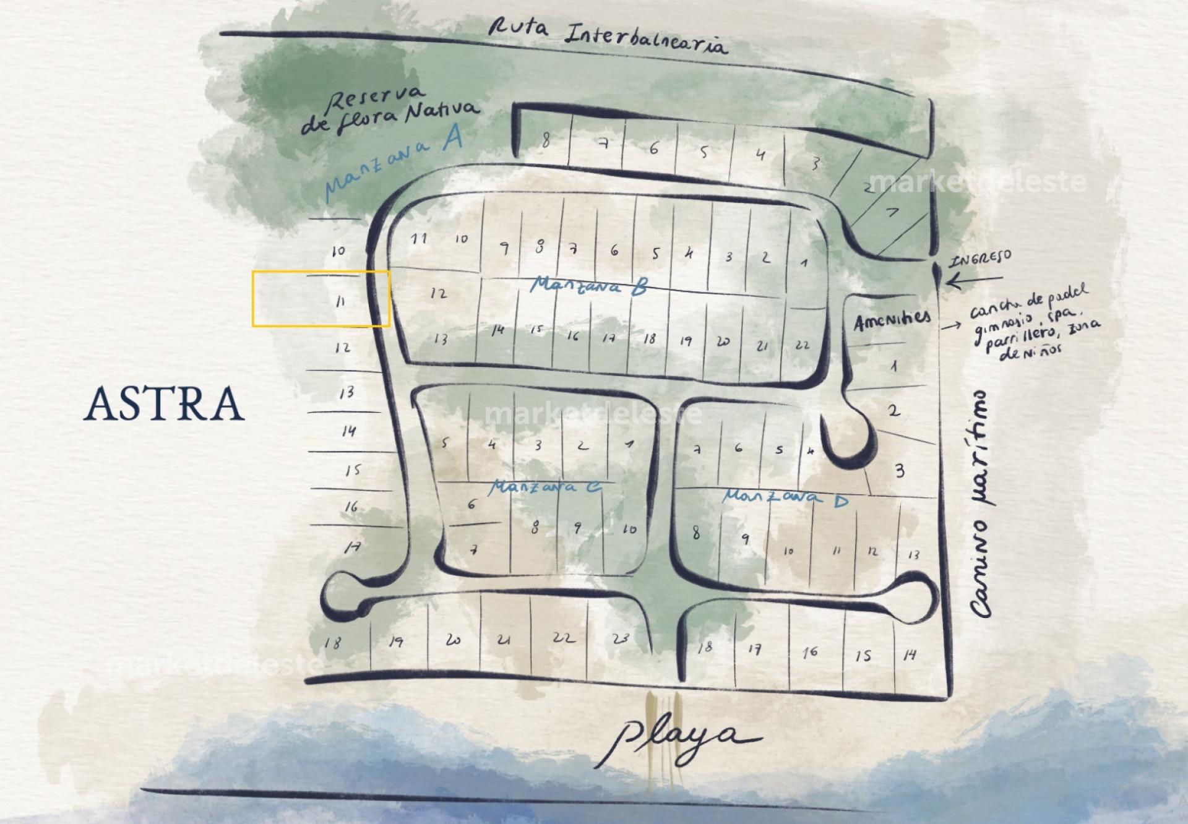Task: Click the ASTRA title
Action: point(164,404)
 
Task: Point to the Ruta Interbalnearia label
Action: point(607,35)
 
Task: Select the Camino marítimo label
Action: point(981,504)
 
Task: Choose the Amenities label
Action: point(892,320)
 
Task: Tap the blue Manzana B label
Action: point(588,285)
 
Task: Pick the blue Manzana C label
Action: point(544,487)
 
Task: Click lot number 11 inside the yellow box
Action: point(340,301)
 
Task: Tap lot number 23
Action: point(621,638)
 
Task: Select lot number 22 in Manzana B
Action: point(803,345)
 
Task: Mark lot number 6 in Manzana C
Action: point(471,504)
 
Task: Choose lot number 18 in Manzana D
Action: point(705,647)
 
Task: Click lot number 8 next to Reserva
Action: point(545,141)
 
